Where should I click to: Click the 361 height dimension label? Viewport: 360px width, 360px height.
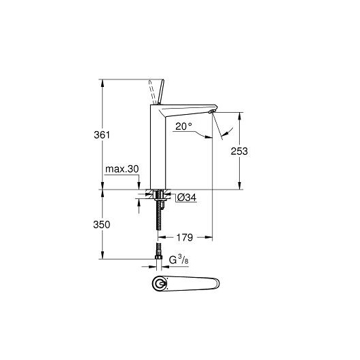102,134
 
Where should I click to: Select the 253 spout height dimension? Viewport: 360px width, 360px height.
239,151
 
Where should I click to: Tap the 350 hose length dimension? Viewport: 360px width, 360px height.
102,225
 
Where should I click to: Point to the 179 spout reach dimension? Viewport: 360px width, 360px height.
184,238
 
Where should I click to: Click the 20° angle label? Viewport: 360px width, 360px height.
183,126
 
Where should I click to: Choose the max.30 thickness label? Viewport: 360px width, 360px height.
122,169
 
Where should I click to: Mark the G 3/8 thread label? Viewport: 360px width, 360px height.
179,259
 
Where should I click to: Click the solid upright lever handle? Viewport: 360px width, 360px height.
161,92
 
